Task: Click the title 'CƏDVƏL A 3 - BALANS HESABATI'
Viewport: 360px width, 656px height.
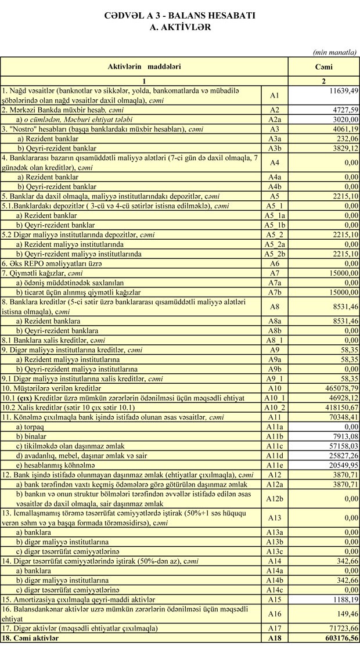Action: click(179, 16)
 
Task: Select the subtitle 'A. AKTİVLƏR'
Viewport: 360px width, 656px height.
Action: click(179, 27)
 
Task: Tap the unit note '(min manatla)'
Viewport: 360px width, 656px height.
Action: click(334, 52)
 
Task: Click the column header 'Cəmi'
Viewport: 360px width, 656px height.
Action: click(323, 67)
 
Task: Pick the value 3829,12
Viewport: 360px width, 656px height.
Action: click(341, 148)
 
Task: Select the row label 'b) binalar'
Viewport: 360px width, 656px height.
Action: click(35, 436)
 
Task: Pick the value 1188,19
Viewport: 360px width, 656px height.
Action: click(341, 599)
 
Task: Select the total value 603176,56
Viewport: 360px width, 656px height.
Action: click(337, 637)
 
